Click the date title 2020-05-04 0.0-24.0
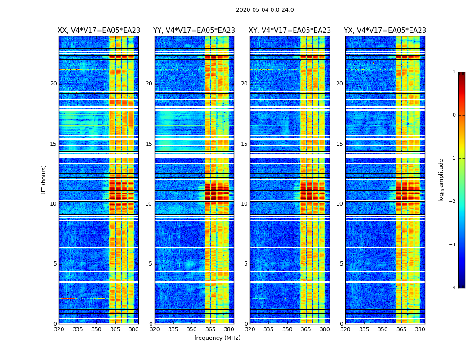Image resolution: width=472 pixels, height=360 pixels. click(265, 10)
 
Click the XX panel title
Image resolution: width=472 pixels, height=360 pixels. click(99, 31)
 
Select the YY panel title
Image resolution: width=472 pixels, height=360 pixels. click(194, 31)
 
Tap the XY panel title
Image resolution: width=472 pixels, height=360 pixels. click(290, 31)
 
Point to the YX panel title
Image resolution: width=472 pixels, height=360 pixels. click(385, 31)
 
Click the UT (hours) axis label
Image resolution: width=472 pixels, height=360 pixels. click(44, 180)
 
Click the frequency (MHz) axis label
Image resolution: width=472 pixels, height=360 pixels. click(217, 338)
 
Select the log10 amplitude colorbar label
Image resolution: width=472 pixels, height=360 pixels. click(441, 180)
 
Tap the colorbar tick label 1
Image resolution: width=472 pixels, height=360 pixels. click(454, 72)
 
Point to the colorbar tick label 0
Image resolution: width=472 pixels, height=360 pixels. click(454, 115)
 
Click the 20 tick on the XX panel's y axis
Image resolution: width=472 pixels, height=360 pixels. click(53, 84)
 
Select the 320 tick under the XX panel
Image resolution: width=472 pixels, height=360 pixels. click(59, 329)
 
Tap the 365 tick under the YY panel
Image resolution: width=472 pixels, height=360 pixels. click(211, 329)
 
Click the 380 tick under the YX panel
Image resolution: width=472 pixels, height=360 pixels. click(420, 329)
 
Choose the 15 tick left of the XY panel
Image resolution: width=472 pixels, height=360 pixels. click(244, 144)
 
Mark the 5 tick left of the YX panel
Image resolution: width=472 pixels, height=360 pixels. click(341, 264)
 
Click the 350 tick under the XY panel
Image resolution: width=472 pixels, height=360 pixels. click(287, 329)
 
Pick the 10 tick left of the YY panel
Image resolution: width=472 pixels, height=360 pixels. click(149, 204)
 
